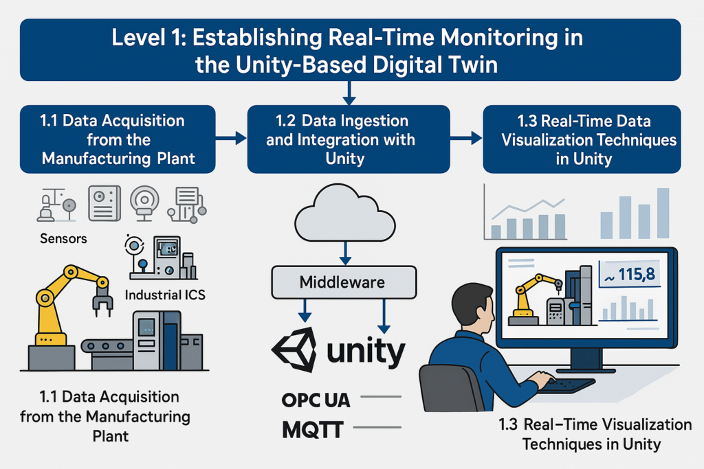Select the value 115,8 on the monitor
tap(631, 274)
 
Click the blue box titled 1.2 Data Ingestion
tap(348, 139)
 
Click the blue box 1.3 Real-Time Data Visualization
tap(582, 139)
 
